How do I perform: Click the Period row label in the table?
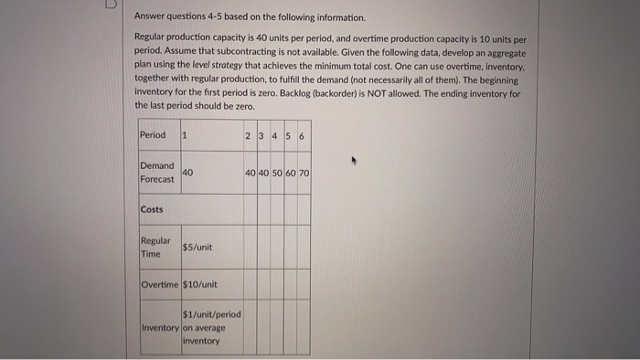point(153,135)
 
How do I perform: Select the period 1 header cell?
point(185,135)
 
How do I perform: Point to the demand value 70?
point(304,173)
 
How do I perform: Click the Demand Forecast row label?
point(156,173)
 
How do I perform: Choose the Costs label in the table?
point(152,209)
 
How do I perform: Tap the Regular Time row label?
point(155,247)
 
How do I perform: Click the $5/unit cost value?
point(197,247)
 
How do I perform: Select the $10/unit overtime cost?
point(200,284)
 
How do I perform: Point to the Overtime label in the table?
point(161,284)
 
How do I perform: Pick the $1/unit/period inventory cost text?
point(212,314)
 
